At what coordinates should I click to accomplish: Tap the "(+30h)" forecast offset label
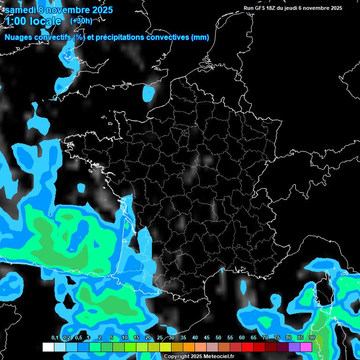click(81, 21)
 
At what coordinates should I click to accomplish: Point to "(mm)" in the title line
click(200, 37)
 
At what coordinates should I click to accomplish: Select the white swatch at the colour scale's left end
click(48, 347)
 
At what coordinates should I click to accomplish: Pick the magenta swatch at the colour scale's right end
click(306, 347)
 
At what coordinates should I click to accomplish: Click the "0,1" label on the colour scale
click(55, 338)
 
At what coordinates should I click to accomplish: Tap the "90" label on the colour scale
click(312, 338)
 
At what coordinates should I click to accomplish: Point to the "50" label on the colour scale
click(218, 338)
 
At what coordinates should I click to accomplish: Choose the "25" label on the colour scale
click(160, 338)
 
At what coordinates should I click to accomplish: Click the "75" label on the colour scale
click(277, 338)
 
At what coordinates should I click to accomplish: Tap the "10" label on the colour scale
click(125, 338)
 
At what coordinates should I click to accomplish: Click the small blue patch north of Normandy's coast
click(149, 94)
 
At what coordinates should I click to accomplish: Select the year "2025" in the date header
click(100, 10)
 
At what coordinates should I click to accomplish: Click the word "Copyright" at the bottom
click(176, 357)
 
